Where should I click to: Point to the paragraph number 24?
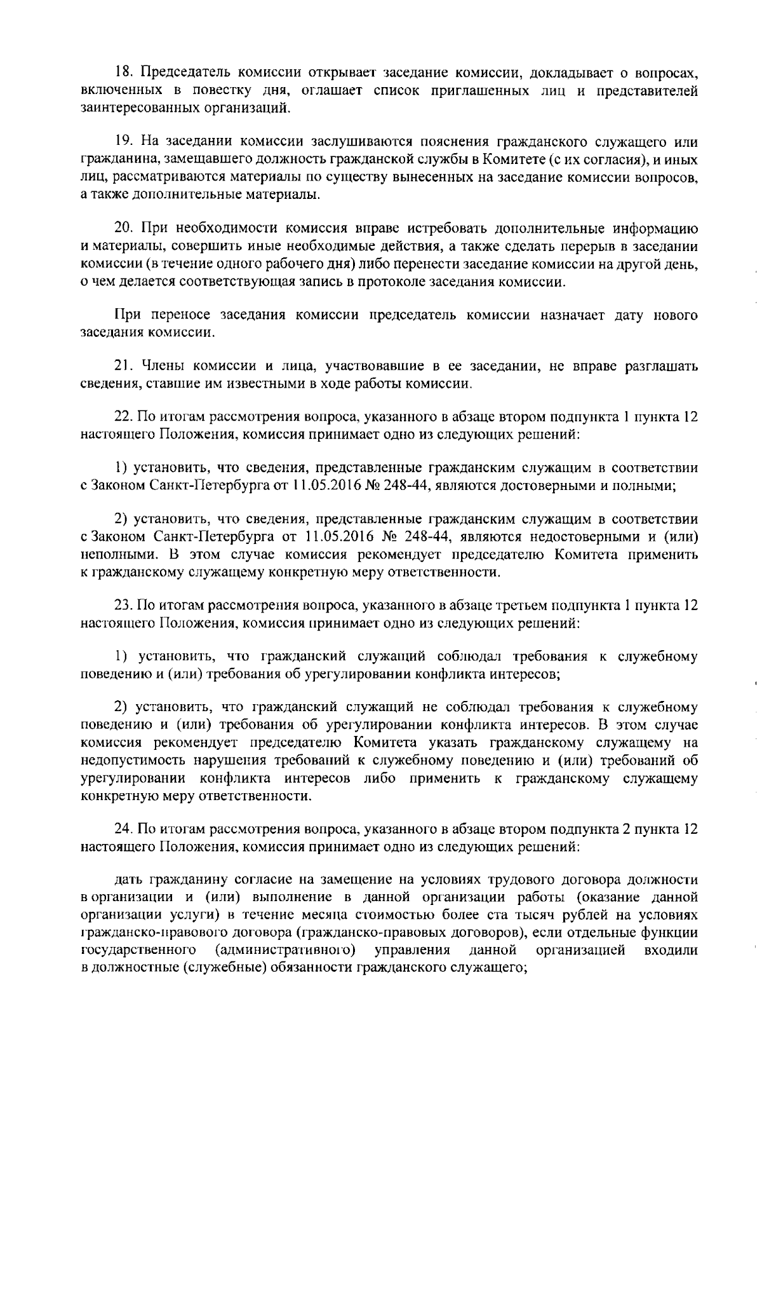tap(123, 829)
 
